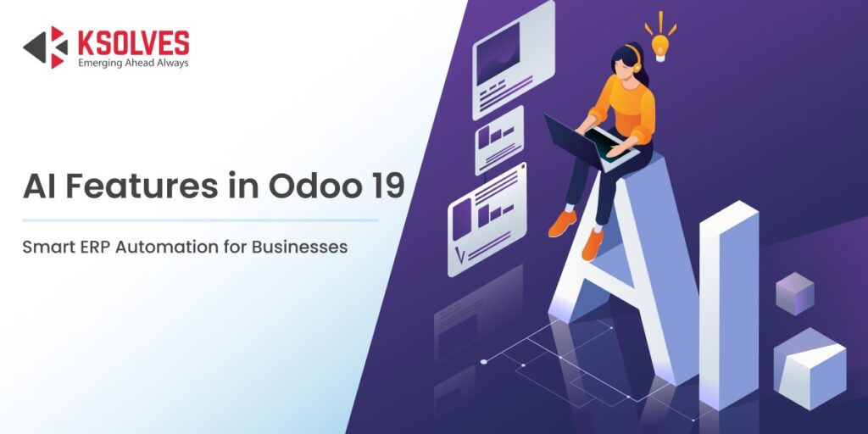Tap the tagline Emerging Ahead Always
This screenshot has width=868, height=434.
tap(133, 63)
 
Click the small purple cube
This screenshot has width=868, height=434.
tap(794, 293)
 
